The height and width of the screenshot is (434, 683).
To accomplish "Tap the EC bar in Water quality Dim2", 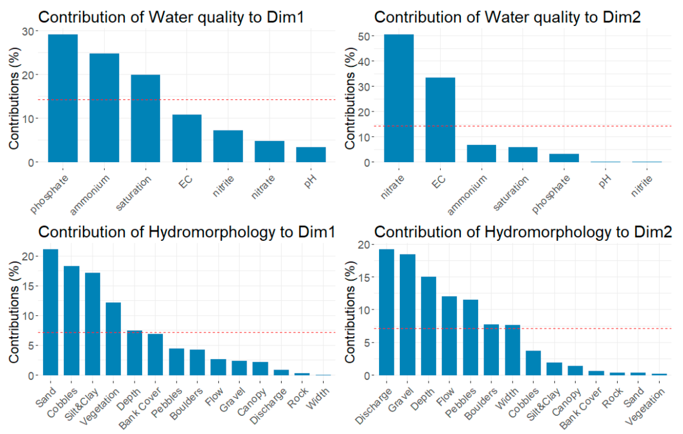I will [440, 120].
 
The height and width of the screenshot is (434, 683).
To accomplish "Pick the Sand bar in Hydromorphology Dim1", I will [51, 312].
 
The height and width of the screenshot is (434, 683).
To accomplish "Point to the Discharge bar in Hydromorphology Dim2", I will [386, 312].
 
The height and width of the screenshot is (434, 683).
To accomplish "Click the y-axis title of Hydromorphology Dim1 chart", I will [14, 312].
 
